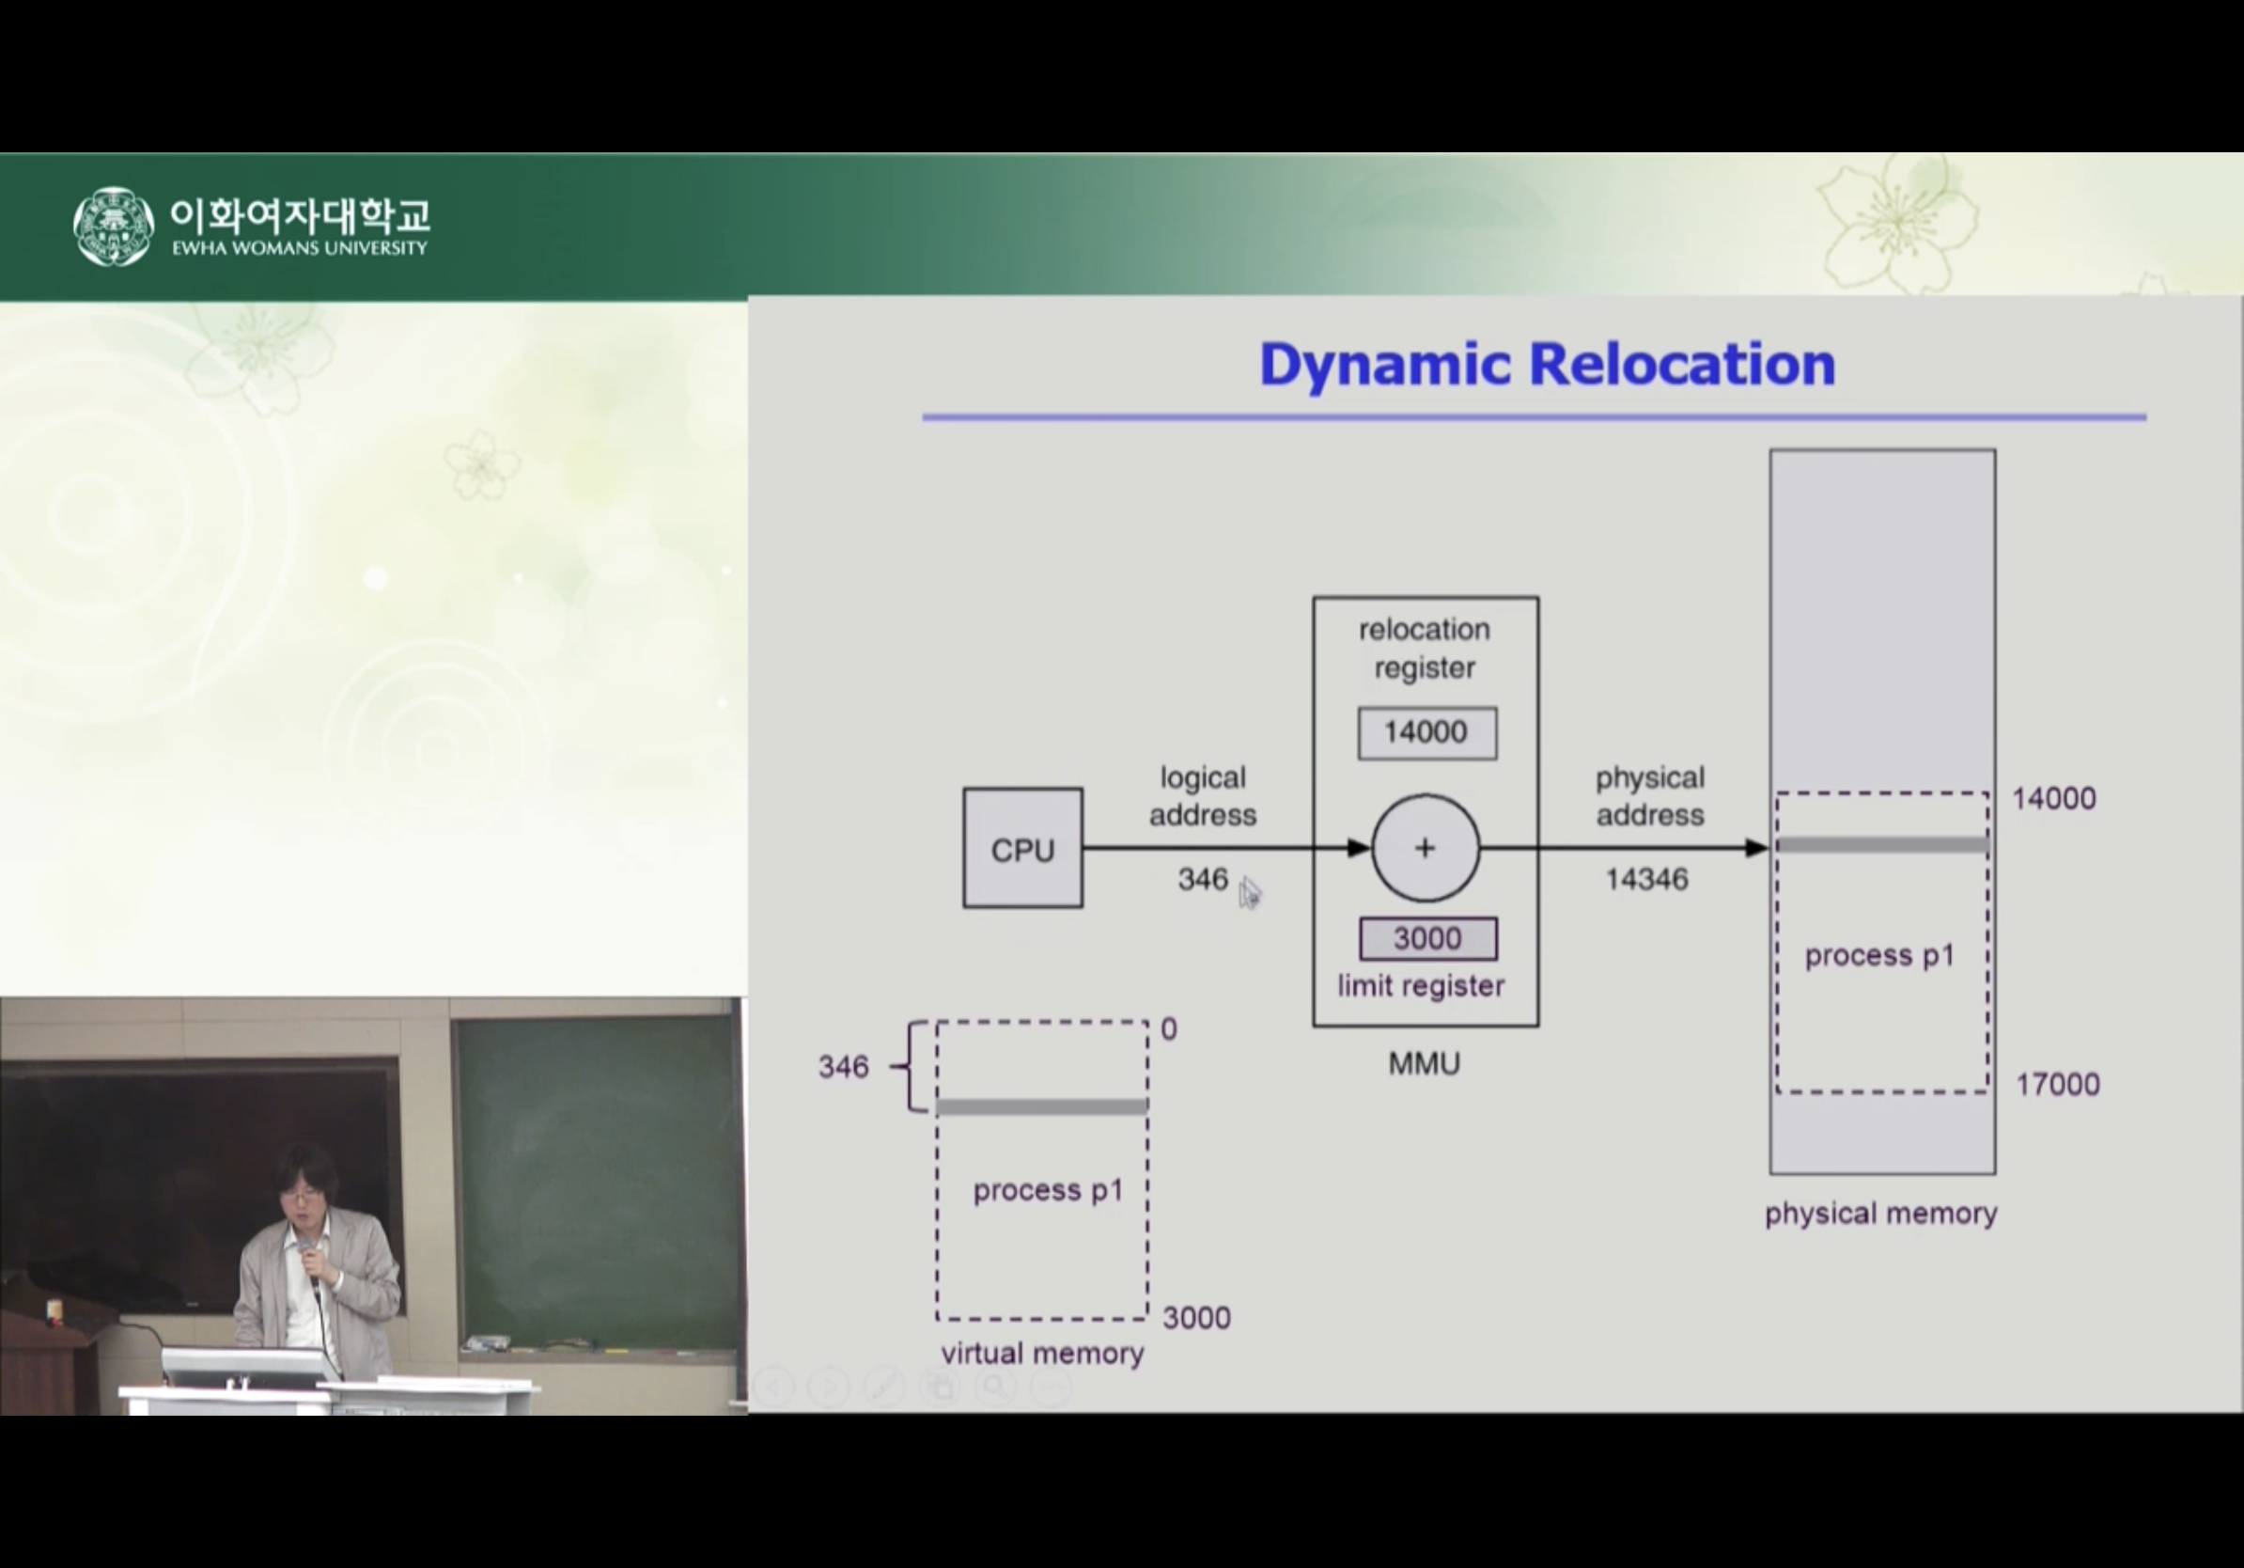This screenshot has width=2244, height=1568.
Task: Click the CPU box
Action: click(1022, 849)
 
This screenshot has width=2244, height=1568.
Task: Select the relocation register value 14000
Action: click(1426, 732)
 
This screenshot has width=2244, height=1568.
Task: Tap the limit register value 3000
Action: click(1427, 938)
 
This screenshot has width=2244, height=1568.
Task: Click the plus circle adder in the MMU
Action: click(1425, 848)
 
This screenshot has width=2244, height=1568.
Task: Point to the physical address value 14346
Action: click(1647, 879)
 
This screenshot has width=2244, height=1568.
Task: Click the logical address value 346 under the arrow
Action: click(1202, 879)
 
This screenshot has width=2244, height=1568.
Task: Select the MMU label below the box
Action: click(1424, 1063)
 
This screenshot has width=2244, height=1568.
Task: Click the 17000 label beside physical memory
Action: click(2057, 1084)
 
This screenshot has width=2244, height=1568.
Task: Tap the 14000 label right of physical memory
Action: click(2053, 799)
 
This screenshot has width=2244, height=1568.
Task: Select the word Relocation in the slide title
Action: click(1681, 364)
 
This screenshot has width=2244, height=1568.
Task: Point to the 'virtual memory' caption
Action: click(1042, 1353)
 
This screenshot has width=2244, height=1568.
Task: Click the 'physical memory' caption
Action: click(1880, 1214)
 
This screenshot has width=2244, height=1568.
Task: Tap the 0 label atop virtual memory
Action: click(1169, 1029)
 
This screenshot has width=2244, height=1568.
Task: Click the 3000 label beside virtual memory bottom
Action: click(1196, 1318)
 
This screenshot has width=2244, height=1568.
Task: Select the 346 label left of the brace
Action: click(844, 1067)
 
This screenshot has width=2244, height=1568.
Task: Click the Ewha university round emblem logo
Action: click(114, 226)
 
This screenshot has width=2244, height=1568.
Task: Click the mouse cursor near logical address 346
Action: click(1249, 892)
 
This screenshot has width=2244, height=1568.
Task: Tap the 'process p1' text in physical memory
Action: click(1878, 955)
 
